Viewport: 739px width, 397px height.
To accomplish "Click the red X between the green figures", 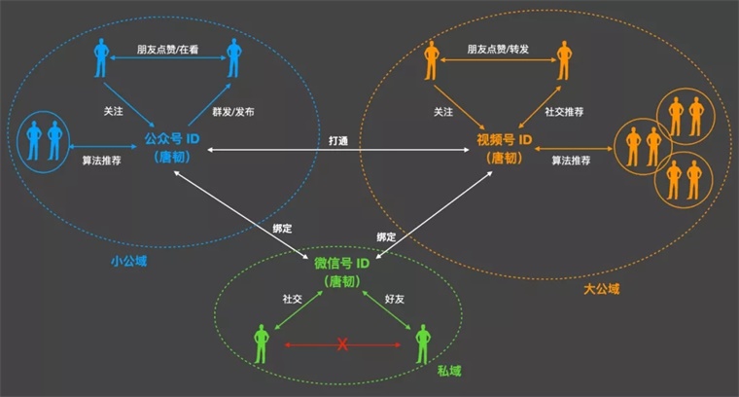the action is point(342,344).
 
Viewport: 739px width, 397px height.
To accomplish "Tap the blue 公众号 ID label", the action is point(172,138).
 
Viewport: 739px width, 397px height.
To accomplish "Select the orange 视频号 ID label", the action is point(505,140).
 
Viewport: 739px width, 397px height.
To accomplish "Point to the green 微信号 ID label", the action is point(341,263).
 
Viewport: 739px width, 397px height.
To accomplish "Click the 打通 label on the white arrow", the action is point(338,140).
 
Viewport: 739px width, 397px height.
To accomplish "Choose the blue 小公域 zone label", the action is point(128,261).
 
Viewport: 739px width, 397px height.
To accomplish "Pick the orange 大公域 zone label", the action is point(601,289).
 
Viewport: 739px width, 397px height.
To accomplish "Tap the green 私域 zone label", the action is point(449,371).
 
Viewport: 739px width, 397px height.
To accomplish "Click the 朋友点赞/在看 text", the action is point(168,49).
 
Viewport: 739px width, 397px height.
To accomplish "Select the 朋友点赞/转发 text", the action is point(498,49).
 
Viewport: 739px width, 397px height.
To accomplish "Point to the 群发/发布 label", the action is point(233,112).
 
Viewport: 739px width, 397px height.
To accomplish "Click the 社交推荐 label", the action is point(564,112).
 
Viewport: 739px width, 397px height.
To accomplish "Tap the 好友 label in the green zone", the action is point(395,299).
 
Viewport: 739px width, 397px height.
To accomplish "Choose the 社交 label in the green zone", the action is point(293,299).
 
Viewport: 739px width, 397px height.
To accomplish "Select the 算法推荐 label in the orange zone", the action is point(571,161).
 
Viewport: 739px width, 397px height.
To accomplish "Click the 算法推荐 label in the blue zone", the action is point(102,161).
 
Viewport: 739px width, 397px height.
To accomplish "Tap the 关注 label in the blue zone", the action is point(113,111).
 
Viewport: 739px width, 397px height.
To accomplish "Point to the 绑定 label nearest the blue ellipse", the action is point(282,229).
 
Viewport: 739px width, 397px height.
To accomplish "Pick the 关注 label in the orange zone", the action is point(443,112).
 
